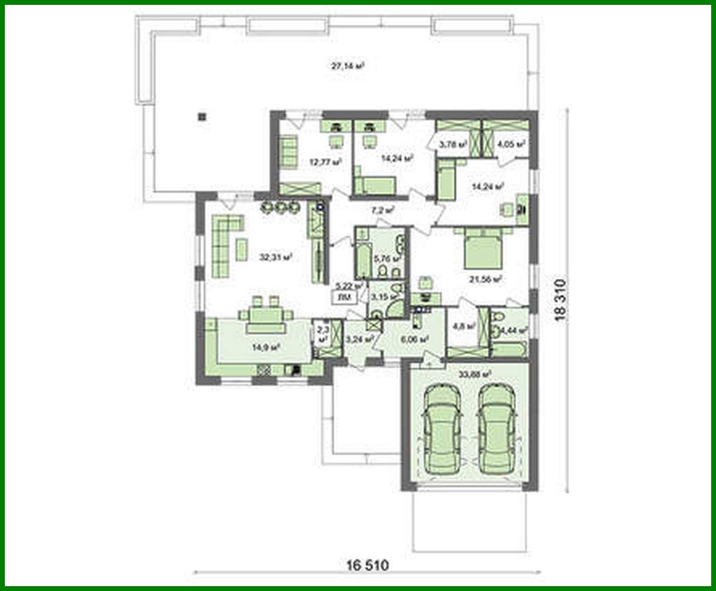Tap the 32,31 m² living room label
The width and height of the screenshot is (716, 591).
point(275,257)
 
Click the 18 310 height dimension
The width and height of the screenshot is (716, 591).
point(561,300)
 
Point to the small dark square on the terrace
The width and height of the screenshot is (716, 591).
point(202,116)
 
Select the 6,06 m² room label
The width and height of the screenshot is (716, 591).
point(414,339)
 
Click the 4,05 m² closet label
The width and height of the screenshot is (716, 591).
point(511,144)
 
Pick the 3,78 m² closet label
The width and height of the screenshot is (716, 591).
point(452,144)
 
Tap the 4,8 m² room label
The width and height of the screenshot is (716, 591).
point(464,326)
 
